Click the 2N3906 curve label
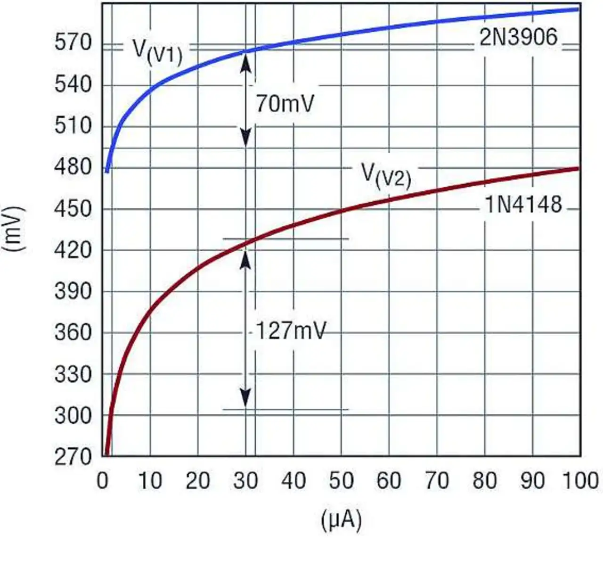coord(518,37)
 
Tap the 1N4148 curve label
coord(523,205)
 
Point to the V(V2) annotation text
coord(386,176)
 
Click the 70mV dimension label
coord(285,103)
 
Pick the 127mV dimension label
coord(291,331)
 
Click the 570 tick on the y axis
coord(73,43)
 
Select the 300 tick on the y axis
coord(73,416)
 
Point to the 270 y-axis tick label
coord(73,457)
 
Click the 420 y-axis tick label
coord(73,250)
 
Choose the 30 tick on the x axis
coord(245,481)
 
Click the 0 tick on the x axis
coord(103,481)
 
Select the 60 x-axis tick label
coord(389,481)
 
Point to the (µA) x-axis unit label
coord(341,520)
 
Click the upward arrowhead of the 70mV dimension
coord(245,61)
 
